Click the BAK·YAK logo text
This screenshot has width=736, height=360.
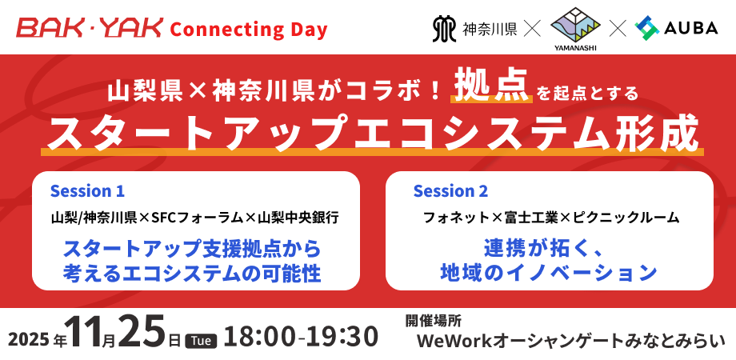(90, 28)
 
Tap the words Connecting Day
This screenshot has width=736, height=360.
(248, 30)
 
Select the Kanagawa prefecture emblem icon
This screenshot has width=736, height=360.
(443, 29)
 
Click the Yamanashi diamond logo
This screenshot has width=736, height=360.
(575, 26)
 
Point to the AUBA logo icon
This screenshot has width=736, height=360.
(647, 28)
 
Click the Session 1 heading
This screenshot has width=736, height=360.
(87, 191)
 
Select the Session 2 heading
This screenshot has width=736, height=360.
(450, 191)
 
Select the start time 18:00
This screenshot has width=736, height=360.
(259, 337)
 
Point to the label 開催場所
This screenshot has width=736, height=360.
(434, 321)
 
